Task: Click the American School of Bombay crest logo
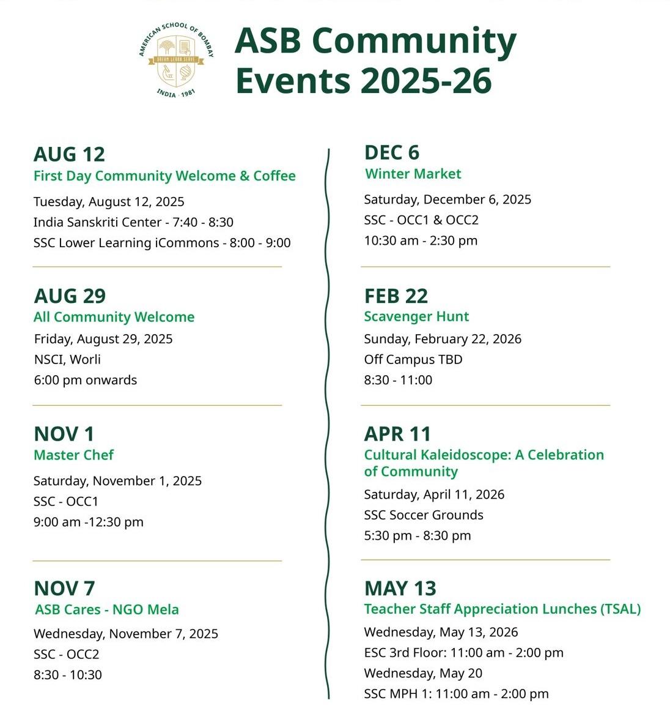pyautogui.click(x=176, y=60)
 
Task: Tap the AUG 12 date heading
pyautogui.click(x=69, y=154)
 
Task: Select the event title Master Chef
pyautogui.click(x=73, y=455)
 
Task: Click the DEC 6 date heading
pyautogui.click(x=392, y=152)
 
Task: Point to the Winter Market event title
pyautogui.click(x=413, y=174)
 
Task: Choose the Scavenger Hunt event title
pyautogui.click(x=416, y=316)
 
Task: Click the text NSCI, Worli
pyautogui.click(x=67, y=359)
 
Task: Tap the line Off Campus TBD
pyautogui.click(x=413, y=359)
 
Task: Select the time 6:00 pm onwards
pyautogui.click(x=86, y=380)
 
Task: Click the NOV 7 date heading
pyautogui.click(x=65, y=588)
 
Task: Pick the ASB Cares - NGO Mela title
pyautogui.click(x=107, y=609)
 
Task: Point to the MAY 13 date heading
pyautogui.click(x=400, y=588)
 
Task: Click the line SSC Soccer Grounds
pyautogui.click(x=424, y=515)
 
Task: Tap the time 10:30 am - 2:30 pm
pyautogui.click(x=421, y=240)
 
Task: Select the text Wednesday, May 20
pyautogui.click(x=423, y=673)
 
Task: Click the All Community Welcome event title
pyautogui.click(x=114, y=317)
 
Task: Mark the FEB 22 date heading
pyautogui.click(x=396, y=296)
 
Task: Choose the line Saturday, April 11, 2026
pyautogui.click(x=434, y=494)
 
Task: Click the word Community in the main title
pyautogui.click(x=414, y=42)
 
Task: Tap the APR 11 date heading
pyautogui.click(x=398, y=434)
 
